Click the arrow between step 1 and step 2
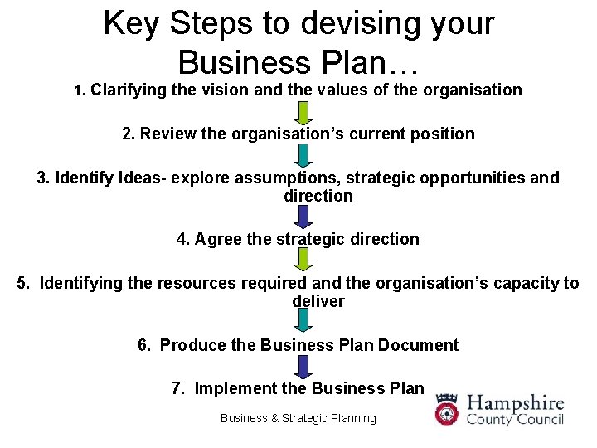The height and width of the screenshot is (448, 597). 304,112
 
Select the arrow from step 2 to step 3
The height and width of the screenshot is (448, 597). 304,155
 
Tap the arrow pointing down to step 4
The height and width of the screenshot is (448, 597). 304,217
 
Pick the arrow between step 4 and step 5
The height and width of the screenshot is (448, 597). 304,260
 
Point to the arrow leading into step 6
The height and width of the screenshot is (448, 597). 304,321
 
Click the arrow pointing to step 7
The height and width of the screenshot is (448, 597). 304,365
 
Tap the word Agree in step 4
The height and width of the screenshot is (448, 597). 219,239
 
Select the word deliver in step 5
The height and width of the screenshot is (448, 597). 318,301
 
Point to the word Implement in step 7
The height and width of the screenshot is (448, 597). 236,388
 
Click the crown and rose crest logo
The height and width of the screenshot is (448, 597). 448,409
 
